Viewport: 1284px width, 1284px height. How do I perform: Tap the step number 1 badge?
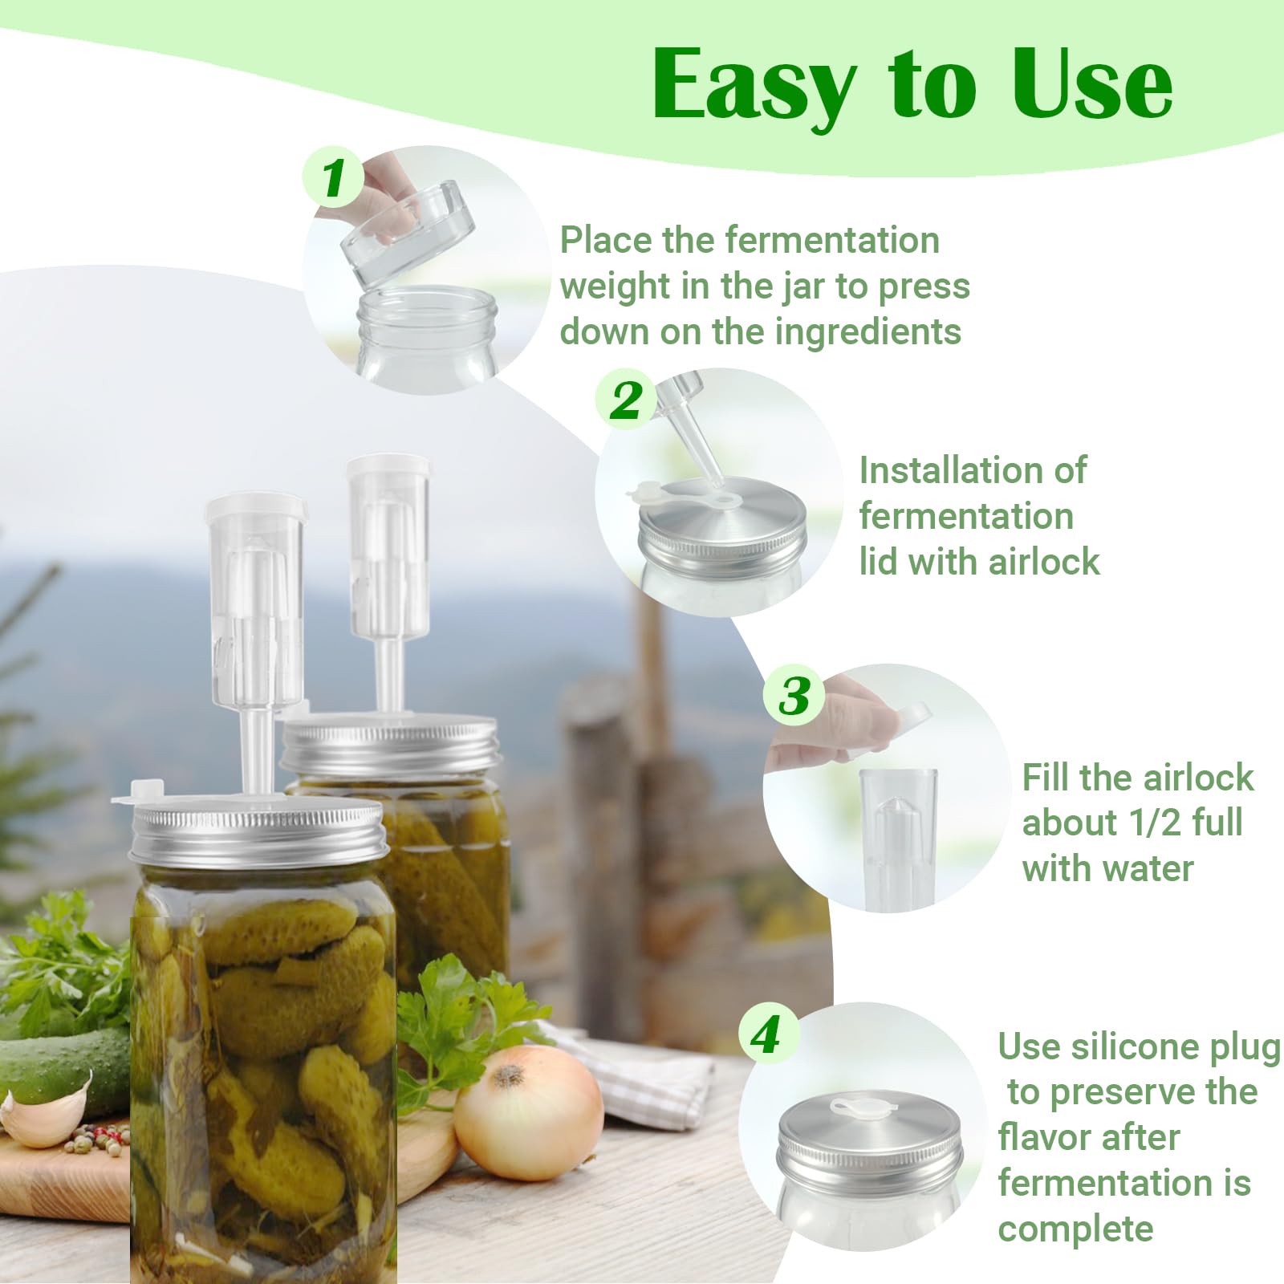click(333, 177)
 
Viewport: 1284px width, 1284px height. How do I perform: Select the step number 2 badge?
click(626, 400)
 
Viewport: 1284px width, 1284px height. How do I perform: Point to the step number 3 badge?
click(794, 695)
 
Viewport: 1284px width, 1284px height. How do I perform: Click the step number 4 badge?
click(766, 1034)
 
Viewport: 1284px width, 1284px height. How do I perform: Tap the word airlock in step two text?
click(1044, 562)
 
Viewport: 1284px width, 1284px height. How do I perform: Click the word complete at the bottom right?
click(1075, 1229)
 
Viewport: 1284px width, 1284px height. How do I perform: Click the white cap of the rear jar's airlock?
click(388, 467)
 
